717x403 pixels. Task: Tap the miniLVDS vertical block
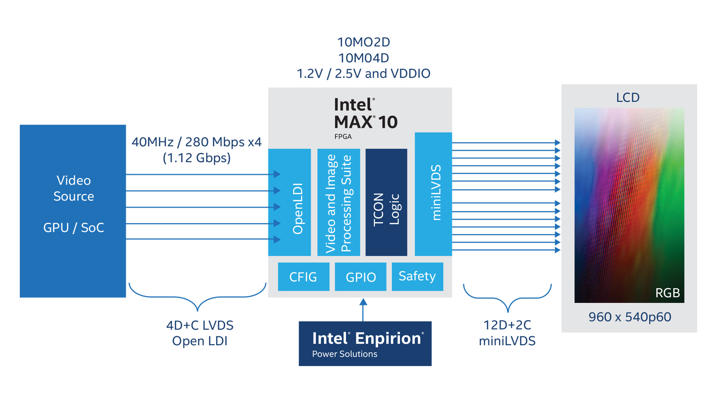pos(433,194)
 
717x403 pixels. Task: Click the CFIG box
pos(303,277)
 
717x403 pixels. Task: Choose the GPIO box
pos(361,277)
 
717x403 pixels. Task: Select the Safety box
pos(417,277)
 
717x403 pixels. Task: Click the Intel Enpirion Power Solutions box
pos(365,344)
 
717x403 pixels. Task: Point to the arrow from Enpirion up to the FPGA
pos(363,310)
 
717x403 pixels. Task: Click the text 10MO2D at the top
pos(364,42)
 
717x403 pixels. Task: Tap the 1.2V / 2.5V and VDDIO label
pos(364,74)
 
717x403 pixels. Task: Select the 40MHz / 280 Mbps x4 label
pos(197,142)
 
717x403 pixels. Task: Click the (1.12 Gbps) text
pos(197,158)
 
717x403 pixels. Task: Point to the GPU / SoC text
pos(74,228)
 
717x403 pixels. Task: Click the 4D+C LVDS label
pos(200,325)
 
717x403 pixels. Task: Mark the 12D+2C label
pos(507,325)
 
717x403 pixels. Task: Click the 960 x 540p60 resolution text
pos(630,317)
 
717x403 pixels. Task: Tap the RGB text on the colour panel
pos(667,293)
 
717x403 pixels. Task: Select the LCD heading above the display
pos(628,97)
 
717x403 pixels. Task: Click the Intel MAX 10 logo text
pos(365,114)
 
